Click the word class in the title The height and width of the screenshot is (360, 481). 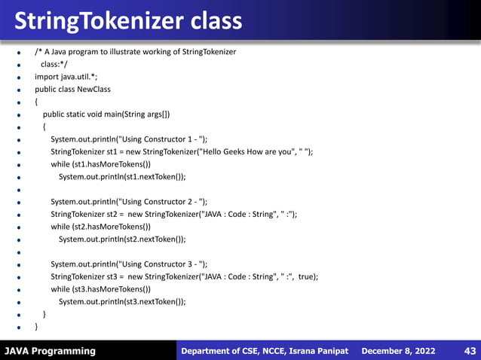213,20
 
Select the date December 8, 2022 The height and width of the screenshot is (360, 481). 398,351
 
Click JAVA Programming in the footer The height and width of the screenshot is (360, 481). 51,351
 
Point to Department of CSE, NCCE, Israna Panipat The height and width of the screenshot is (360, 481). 265,351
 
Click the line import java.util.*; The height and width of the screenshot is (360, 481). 66,77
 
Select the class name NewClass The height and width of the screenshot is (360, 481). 93,90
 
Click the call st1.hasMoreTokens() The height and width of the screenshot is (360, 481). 112,164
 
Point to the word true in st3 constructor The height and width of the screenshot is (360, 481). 307,276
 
